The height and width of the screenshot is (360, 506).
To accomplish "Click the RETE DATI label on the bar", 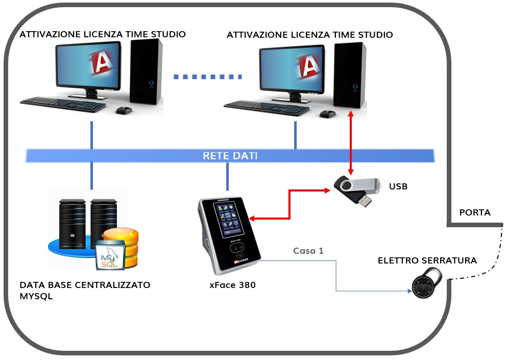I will tap(230, 155).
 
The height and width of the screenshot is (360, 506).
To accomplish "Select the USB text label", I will tap(398, 186).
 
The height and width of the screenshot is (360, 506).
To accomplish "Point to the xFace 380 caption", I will tap(232, 285).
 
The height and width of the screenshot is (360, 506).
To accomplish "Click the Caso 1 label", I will tap(308, 251).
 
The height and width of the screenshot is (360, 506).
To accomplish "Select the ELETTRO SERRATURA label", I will tap(427, 260).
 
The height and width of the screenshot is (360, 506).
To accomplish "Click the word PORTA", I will tap(475, 212).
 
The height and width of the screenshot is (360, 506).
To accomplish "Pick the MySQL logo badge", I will tap(109, 256).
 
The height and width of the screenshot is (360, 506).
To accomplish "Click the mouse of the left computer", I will tap(124, 110).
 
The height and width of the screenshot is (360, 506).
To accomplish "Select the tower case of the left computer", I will tap(147, 71).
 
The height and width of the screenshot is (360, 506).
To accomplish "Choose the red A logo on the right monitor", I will tap(308, 65).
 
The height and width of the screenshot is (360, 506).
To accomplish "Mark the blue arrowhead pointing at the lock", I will tap(409, 292).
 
